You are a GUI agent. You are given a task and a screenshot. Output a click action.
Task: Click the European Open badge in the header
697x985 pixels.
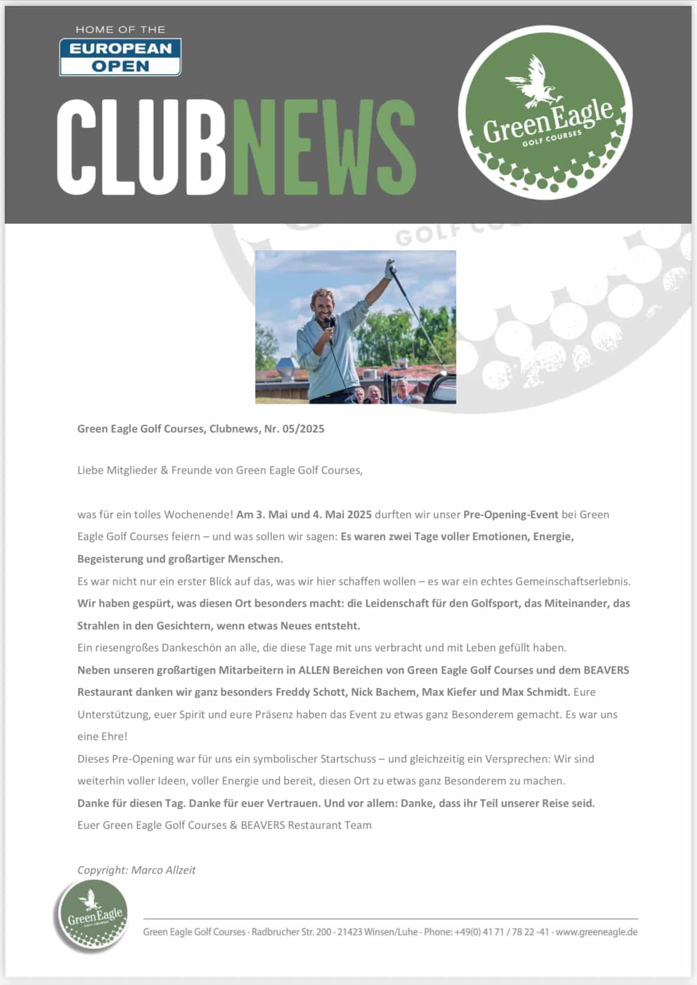(x=120, y=57)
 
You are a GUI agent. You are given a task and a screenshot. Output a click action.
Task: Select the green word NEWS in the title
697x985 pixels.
(x=324, y=147)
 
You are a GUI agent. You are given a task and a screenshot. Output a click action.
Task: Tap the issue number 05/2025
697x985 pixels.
(x=303, y=429)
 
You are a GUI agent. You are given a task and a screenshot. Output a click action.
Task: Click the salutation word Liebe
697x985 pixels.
(x=90, y=470)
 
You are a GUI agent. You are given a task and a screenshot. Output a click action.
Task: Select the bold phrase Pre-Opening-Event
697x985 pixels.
(x=511, y=515)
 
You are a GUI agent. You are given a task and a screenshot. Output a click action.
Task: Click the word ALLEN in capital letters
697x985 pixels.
(x=314, y=670)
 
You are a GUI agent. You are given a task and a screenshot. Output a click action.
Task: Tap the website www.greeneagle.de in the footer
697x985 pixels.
(x=596, y=932)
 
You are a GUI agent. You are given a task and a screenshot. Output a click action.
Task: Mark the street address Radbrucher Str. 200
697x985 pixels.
(x=291, y=932)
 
